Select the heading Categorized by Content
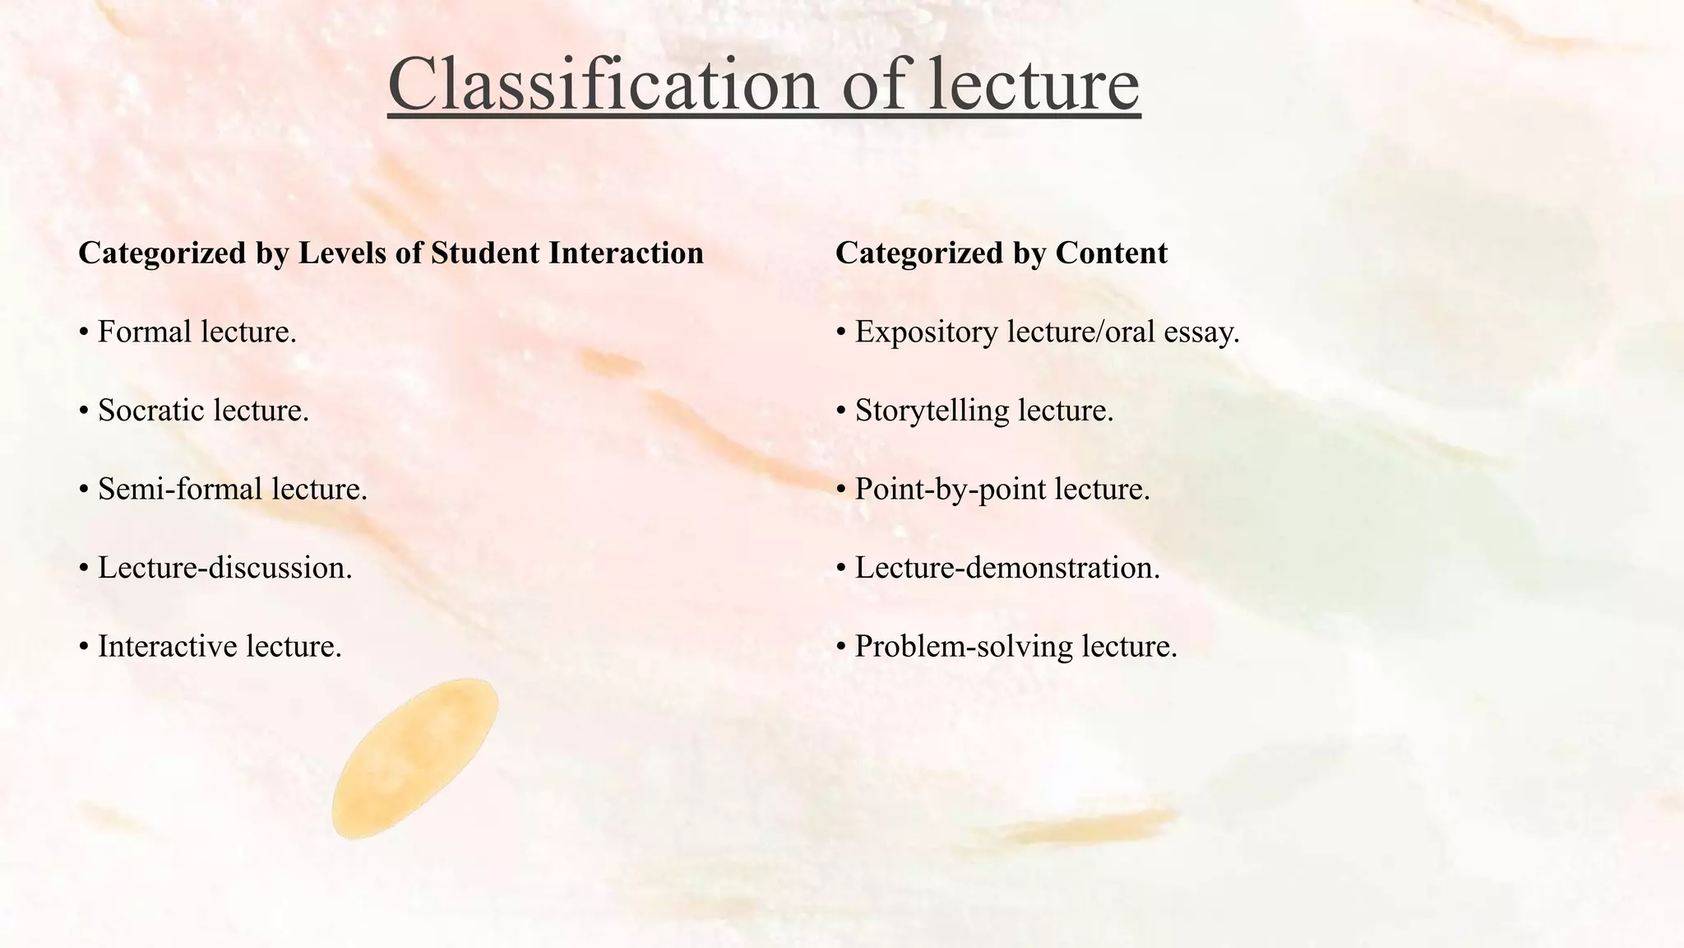(1001, 253)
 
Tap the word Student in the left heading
(486, 253)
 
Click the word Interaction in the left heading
(626, 253)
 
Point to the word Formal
(145, 332)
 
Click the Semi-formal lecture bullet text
(233, 489)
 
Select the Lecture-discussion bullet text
(224, 568)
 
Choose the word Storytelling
(932, 410)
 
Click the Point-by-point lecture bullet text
(1002, 489)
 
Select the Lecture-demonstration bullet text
(1007, 568)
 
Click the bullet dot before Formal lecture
(84, 332)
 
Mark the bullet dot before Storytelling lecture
(841, 411)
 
